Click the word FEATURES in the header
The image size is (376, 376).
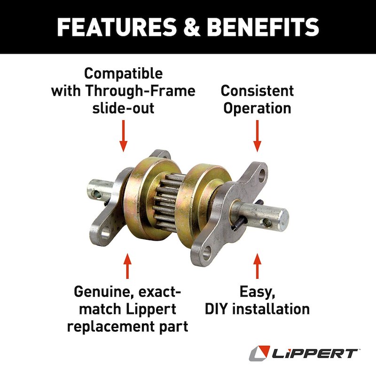tap(116, 27)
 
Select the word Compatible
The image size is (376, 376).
tap(123, 73)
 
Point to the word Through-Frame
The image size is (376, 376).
tap(140, 91)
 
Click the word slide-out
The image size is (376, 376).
tap(123, 108)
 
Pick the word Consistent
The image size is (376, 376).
tap(257, 91)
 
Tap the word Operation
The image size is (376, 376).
tap(257, 109)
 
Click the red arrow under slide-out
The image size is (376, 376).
tap(123, 136)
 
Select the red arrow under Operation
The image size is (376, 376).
tap(257, 136)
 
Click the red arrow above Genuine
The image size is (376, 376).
tap(127, 266)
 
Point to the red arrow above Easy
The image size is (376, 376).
tap(257, 266)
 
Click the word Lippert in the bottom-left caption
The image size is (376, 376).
tap(151, 310)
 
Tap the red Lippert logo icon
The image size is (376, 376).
tap(259, 353)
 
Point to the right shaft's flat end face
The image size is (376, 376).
tap(284, 218)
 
